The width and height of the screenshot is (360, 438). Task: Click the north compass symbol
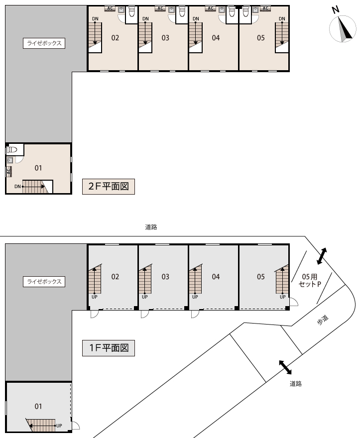coord(343,28)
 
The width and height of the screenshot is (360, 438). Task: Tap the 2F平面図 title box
coord(109,186)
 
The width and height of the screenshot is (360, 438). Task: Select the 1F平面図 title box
coord(109,348)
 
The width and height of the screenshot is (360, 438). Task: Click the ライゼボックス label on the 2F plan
coord(44,43)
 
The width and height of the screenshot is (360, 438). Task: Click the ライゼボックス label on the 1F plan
coord(44,282)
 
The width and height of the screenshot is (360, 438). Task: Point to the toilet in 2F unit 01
coord(12,150)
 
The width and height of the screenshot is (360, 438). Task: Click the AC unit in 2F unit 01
coord(8,172)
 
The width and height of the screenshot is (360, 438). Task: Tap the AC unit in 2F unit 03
coord(160,8)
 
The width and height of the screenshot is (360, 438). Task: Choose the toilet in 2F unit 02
coord(131,12)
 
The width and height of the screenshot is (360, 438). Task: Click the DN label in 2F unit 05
coord(282,19)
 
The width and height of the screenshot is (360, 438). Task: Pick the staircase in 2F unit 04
coord(196,37)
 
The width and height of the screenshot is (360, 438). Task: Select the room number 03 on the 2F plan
coord(165,38)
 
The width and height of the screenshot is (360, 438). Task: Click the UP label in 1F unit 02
coord(95,297)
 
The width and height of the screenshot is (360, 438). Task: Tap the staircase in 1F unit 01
coord(41,426)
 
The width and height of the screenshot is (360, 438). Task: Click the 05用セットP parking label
coord(310,280)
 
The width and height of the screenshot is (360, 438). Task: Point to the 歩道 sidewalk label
coord(323,320)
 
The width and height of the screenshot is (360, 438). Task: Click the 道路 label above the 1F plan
coord(151,227)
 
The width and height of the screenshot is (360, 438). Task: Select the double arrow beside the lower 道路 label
coord(285,367)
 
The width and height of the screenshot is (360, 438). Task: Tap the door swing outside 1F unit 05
coord(294,302)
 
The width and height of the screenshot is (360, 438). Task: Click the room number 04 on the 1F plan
coord(216,277)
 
